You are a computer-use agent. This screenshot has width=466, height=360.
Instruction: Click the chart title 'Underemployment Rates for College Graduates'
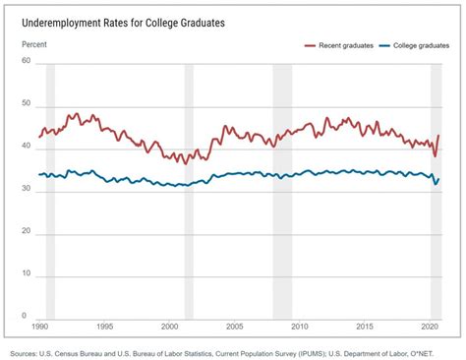[x=128, y=19]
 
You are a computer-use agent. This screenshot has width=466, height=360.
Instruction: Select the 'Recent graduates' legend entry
[x=339, y=45]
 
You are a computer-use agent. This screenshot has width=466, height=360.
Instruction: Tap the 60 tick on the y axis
[x=27, y=62]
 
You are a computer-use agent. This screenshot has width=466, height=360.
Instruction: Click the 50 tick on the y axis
[x=27, y=104]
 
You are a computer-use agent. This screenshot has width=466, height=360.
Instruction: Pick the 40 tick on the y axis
[x=27, y=148]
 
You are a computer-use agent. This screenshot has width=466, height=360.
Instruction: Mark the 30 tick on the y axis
[x=27, y=190]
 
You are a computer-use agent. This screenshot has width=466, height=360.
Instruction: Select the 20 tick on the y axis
[x=27, y=232]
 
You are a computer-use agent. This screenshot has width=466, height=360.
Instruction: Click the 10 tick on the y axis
[x=27, y=274]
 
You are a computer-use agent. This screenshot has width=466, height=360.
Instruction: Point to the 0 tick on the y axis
[x=29, y=317]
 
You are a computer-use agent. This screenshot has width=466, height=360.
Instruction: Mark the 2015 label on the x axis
[x=365, y=326]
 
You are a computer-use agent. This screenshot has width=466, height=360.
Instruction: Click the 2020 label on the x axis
[x=429, y=326]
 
